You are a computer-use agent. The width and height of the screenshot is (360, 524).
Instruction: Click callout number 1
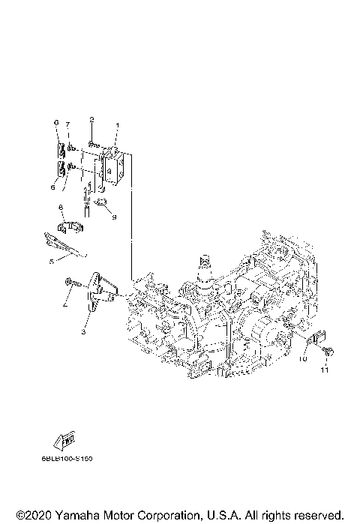[116, 125]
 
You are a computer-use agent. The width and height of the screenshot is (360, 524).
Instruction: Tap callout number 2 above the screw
[91, 119]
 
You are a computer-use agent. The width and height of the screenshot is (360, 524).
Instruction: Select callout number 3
[84, 330]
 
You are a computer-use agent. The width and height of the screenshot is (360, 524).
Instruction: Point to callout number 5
[52, 262]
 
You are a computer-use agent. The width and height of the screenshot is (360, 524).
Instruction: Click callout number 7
[67, 124]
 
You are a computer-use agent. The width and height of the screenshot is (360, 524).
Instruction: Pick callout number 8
[60, 208]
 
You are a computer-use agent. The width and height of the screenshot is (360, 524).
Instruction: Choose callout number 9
[115, 217]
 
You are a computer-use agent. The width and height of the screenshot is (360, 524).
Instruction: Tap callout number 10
[304, 360]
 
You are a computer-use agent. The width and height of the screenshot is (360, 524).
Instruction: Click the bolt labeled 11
[328, 351]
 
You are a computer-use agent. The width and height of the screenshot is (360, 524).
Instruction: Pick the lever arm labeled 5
[60, 241]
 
